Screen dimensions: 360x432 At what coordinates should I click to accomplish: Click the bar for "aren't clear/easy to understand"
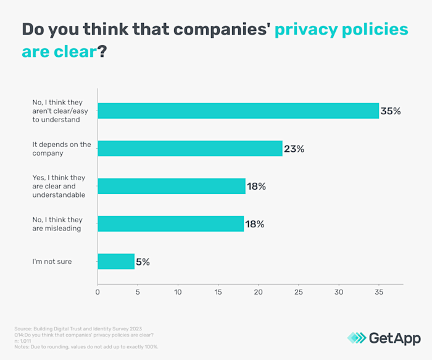238,111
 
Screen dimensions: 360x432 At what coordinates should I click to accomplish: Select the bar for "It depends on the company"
190,148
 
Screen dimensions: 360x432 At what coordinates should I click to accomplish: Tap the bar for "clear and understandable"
172,186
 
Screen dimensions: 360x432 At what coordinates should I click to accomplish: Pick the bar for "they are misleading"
171,224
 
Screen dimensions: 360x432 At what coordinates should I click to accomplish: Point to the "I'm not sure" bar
116,261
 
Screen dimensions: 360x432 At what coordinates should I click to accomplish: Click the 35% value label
391,111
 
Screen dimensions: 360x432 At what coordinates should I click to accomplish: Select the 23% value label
294,149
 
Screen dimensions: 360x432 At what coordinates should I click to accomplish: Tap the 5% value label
143,262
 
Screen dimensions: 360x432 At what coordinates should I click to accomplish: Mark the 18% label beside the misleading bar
255,224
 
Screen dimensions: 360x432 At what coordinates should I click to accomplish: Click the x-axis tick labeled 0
98,292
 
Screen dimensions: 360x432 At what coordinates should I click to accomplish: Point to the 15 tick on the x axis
218,292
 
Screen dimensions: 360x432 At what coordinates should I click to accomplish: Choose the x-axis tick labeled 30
339,292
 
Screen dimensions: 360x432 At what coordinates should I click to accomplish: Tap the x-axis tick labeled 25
299,292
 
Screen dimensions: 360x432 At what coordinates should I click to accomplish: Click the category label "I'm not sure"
52,261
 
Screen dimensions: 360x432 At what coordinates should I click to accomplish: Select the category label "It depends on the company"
61,149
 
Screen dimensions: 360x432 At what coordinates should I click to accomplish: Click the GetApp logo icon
356,338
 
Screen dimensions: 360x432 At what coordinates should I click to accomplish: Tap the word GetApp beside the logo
395,338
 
